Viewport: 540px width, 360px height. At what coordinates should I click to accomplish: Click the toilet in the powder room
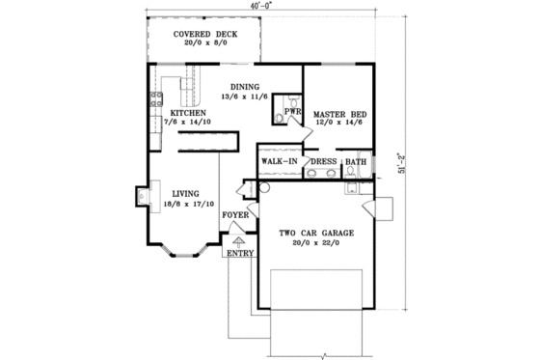coord(281,118)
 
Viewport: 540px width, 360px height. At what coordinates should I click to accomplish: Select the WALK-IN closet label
coord(279,161)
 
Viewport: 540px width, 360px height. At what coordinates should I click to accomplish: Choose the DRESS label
coord(322,161)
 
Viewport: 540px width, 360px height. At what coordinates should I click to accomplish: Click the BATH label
coord(356,161)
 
